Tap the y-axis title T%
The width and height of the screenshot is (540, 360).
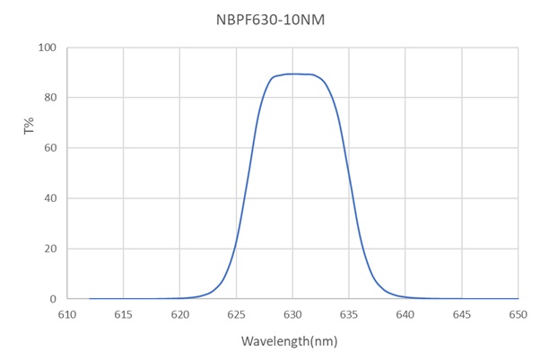[28, 127]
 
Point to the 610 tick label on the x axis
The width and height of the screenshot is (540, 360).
[66, 314]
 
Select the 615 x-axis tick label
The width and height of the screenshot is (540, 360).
[123, 314]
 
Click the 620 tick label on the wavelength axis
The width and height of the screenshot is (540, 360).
[179, 314]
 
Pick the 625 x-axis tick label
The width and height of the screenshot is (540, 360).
[236, 314]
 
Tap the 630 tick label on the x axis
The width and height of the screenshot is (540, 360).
[292, 314]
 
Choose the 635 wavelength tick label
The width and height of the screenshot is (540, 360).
[349, 314]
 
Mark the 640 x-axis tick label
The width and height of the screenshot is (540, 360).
[405, 314]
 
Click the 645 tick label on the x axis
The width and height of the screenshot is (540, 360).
[462, 314]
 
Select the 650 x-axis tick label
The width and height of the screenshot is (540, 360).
[518, 314]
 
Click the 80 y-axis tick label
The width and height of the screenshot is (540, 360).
[51, 98]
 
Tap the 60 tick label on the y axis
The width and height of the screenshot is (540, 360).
[51, 148]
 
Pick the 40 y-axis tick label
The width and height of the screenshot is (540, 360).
[51, 198]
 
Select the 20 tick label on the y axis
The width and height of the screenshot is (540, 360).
[51, 249]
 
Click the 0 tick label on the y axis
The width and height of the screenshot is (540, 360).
[54, 299]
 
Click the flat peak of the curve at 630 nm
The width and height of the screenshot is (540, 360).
[292, 74]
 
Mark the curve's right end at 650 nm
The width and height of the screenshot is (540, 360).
[518, 298]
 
